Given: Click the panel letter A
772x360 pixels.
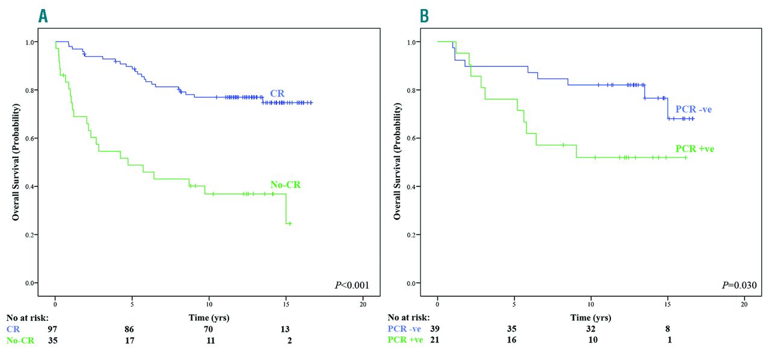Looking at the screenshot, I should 43,16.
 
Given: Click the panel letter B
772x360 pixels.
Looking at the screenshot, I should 425,16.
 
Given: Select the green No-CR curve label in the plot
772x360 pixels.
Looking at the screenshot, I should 285,185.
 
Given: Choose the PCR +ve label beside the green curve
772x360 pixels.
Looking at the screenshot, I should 694,148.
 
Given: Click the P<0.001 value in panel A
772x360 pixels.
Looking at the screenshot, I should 352,285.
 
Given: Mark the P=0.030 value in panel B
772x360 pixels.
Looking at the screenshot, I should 734,285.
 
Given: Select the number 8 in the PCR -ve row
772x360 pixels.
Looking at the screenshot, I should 668,329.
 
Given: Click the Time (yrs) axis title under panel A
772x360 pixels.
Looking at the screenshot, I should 209,317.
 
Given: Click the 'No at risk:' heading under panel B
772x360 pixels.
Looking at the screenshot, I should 409,318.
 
